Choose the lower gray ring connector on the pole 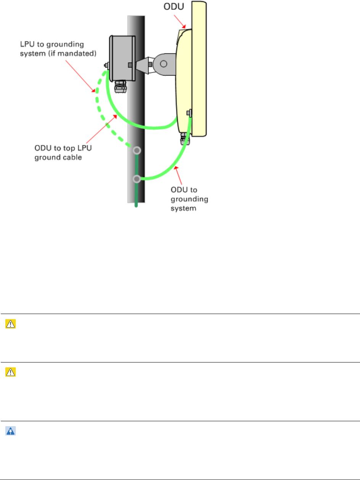(x=136, y=179)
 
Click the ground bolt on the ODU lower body (x=189, y=113)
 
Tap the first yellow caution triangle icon (x=9, y=323)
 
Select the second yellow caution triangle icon (x=9, y=371)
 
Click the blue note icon (x=9, y=430)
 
